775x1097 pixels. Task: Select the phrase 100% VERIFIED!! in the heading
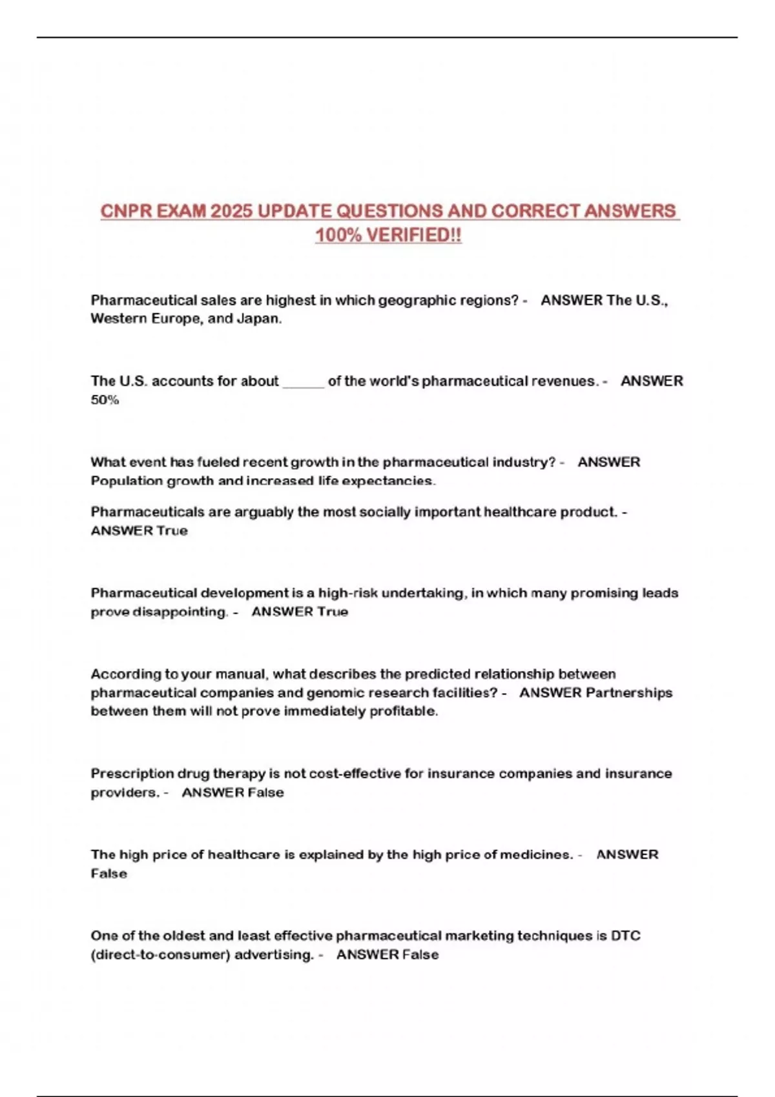coord(388,236)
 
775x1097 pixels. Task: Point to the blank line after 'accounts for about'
coord(303,382)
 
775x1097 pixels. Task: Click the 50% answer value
coord(105,400)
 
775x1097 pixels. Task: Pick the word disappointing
coord(180,612)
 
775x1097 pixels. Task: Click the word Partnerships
coord(628,693)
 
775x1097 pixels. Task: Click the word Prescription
coord(132,774)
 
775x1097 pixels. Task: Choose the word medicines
coord(537,855)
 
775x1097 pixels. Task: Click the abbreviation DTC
coord(625,936)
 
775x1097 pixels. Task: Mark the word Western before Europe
coord(119,319)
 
